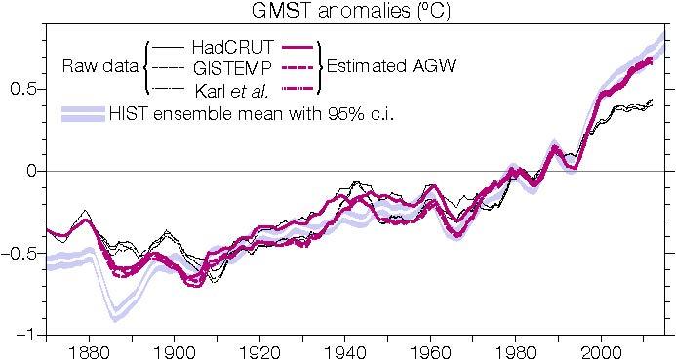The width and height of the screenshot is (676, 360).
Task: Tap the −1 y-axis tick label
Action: (x=25, y=335)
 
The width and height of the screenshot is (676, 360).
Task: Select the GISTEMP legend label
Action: (x=236, y=68)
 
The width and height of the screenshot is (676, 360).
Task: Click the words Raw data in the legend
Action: (x=99, y=67)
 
